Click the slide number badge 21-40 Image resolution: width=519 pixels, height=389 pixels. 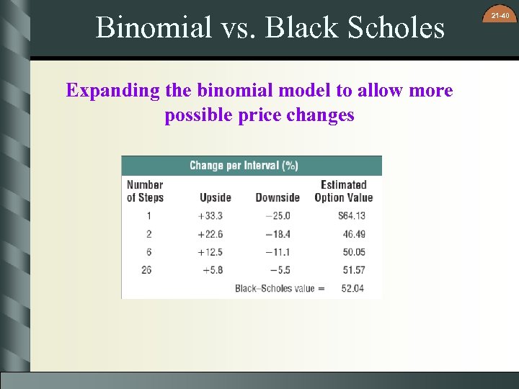[500, 16]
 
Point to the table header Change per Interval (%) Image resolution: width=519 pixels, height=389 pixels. [244, 166]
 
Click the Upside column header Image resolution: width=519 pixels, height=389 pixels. [216, 197]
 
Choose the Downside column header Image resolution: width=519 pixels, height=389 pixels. [278, 197]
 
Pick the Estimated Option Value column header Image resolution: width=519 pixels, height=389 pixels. [344, 191]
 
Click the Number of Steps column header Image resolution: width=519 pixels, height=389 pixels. [146, 191]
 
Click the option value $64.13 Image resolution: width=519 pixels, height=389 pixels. [351, 215]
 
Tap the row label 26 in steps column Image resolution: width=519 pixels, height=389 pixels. [146, 270]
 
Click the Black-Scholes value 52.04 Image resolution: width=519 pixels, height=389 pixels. [353, 288]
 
